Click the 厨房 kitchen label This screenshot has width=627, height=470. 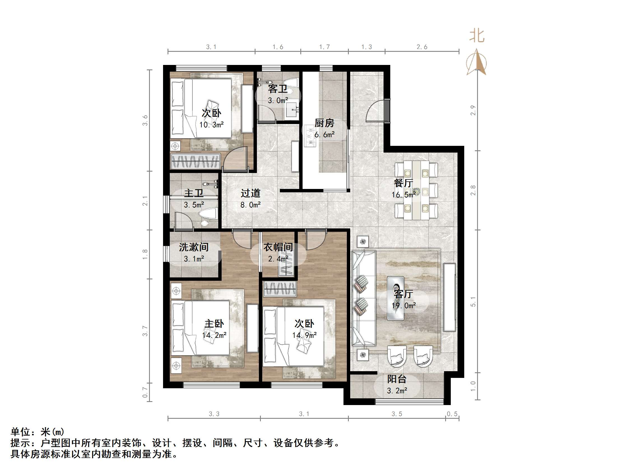pos(324,123)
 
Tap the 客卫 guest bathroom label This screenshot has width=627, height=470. pos(278,89)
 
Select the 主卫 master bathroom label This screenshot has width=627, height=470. pos(194,193)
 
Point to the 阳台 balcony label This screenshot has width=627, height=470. pos(397,379)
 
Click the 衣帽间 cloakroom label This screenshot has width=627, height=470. pos(278,247)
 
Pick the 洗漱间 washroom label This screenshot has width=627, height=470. pos(194,247)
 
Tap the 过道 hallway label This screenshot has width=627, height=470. pos(250,193)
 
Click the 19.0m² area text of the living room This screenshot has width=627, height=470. pos(404,305)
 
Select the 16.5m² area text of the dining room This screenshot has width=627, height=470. pos(404,195)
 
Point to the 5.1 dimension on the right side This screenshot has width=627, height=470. pos(473,302)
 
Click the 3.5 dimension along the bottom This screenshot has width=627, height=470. pos(397,414)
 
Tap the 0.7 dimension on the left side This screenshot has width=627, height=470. pos(145,392)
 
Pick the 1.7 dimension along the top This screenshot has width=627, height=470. pos(324,47)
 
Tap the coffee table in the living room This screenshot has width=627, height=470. pos(396,298)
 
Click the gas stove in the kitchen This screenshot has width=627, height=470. pos(310,136)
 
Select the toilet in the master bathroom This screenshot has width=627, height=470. pos(209,213)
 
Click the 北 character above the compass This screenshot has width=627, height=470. pos(477,36)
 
